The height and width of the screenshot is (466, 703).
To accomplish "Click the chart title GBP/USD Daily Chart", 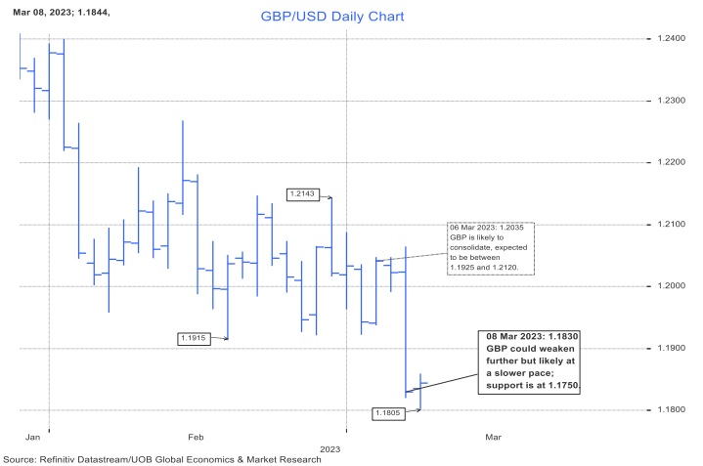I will (x=332, y=18).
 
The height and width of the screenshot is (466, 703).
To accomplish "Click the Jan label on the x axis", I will (x=32, y=438).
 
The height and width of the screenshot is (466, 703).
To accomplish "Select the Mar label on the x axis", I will (x=493, y=438).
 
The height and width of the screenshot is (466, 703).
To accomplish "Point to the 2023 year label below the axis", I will (x=330, y=448).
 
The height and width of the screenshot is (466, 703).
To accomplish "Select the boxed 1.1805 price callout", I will (x=388, y=413).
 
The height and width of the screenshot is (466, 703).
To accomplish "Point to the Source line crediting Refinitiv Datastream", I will (x=161, y=459).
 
